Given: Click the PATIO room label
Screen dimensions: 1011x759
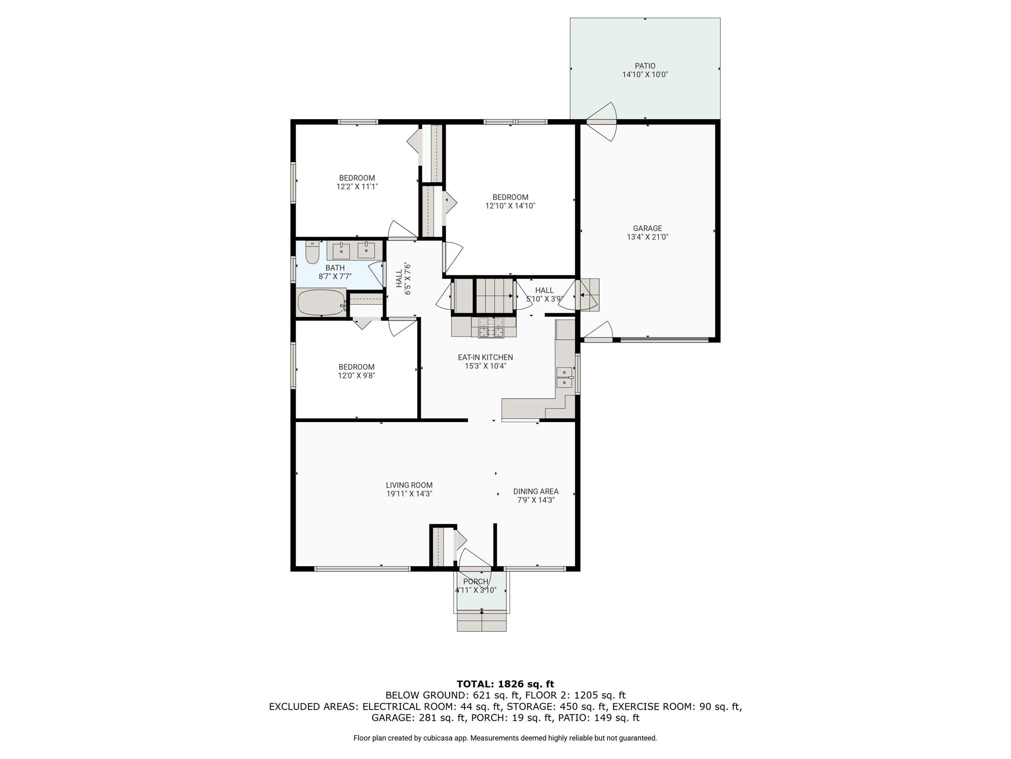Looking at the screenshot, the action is coord(645,66).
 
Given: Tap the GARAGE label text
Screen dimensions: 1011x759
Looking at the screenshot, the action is coord(647,228).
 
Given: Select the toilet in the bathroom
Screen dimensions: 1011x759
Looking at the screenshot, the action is coord(312,252).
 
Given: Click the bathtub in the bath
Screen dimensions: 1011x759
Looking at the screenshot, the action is coord(321,302).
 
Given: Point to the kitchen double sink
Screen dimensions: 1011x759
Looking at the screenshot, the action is coord(564,378).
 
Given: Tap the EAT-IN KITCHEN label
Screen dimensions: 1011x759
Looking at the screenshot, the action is coord(485,357).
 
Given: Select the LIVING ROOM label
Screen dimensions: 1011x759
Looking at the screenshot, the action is coord(409,485).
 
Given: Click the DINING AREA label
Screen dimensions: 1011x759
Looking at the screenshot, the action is coord(536,491).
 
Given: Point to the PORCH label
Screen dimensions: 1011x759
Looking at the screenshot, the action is coord(476,582).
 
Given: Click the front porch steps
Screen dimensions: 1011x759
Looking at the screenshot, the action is coord(482,621).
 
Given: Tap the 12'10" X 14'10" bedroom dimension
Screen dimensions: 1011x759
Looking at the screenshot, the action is coord(510,206).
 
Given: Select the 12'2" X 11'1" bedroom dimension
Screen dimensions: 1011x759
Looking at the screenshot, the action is coord(357,187).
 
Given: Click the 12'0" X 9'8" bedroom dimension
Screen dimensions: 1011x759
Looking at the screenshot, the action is coord(356,376).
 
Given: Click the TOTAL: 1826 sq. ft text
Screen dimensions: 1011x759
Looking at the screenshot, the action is coord(505,684).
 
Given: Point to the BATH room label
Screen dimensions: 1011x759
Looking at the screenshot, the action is coord(335,268).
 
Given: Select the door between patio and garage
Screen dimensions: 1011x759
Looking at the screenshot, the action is coord(601,122).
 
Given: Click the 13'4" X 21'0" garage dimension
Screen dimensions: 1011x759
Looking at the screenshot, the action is coord(647,237).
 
